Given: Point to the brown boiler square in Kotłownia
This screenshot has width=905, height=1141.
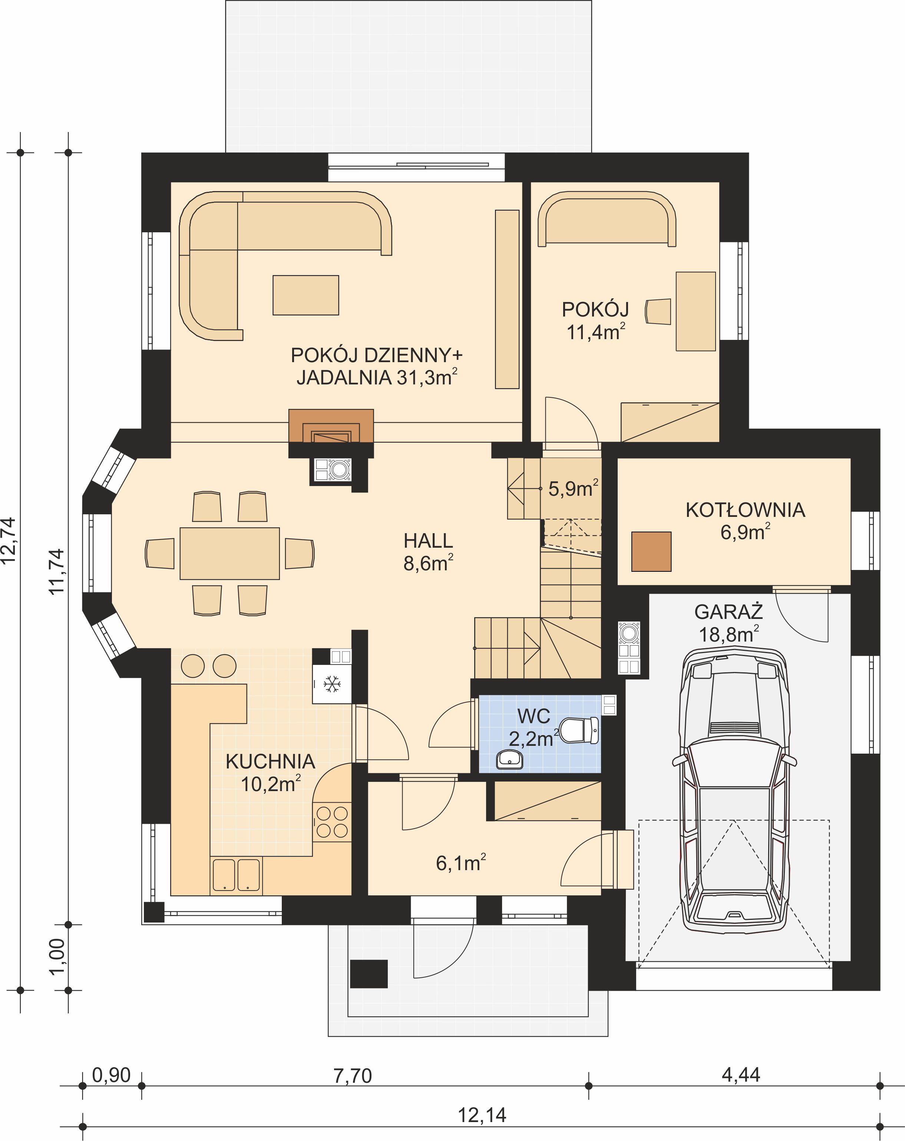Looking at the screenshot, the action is coord(651,551).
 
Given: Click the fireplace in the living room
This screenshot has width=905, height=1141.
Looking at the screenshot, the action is coord(331,426).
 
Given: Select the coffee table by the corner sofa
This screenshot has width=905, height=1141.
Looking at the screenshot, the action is coord(306,295).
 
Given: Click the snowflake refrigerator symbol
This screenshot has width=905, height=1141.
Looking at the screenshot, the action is coord(332,684).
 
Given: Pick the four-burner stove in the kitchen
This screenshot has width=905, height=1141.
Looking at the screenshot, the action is coord(332,822).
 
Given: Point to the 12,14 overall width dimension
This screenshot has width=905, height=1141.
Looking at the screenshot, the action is coord(482,1115).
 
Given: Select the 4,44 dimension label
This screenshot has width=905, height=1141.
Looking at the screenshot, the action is coord(741,1075).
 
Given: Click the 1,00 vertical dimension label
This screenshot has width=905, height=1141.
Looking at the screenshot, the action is coord(57,956).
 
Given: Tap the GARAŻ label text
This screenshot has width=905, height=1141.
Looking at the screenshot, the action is coord(728,612).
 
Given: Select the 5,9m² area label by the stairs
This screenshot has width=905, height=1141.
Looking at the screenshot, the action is coord(573,488).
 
